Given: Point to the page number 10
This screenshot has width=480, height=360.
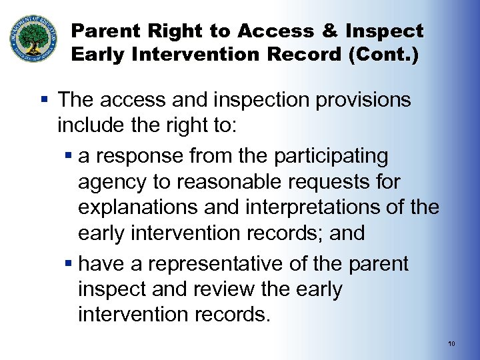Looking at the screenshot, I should click(x=451, y=344).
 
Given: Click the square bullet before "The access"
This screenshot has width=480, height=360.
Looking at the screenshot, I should click(x=45, y=101).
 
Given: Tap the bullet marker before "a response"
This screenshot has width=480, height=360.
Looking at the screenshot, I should click(x=69, y=157).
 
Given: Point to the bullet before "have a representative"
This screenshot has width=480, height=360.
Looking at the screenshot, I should click(x=69, y=265).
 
